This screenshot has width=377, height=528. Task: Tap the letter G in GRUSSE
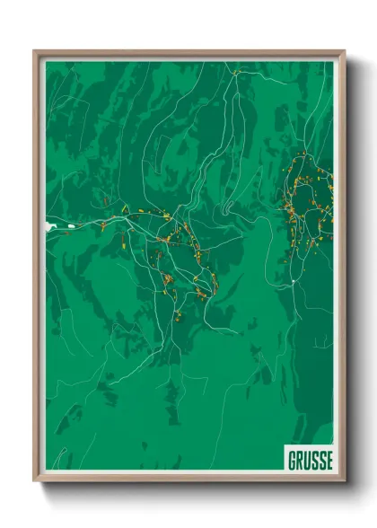click(293, 461)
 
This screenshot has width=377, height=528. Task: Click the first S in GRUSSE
click(315, 461)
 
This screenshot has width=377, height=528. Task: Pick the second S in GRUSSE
click(322, 461)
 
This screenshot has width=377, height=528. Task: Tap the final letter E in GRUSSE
click(329, 461)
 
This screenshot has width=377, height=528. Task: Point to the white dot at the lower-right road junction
click(294, 284)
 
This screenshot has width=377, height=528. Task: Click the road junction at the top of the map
click(234, 74)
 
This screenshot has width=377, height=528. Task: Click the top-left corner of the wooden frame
click(35, 52)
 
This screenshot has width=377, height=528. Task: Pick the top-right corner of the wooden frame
click(344, 52)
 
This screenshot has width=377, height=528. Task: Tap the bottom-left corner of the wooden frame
click(35, 481)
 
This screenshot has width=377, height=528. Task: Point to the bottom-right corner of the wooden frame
click(344, 481)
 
